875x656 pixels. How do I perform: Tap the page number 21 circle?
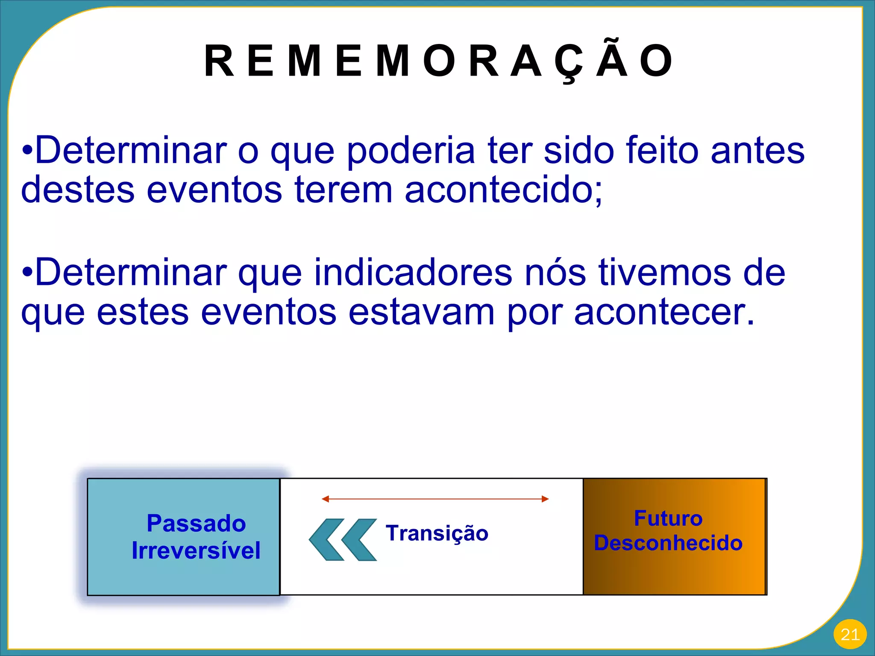(x=849, y=635)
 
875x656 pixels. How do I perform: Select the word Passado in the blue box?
(x=196, y=524)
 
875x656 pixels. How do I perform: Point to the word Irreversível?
(x=196, y=551)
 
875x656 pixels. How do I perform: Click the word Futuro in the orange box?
(x=668, y=518)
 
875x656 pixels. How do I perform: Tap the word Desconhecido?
(x=668, y=543)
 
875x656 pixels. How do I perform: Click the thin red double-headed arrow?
(x=435, y=499)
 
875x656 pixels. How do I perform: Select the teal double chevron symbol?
(x=343, y=539)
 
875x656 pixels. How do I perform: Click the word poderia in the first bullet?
(x=411, y=150)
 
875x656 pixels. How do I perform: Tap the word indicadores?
(x=413, y=272)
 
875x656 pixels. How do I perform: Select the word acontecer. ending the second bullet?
(x=665, y=312)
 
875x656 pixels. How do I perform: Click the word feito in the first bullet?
(x=663, y=150)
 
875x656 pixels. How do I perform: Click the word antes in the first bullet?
(x=758, y=150)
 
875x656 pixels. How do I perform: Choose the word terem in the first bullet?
(x=344, y=190)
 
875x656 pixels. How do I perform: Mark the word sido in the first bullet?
(x=579, y=150)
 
